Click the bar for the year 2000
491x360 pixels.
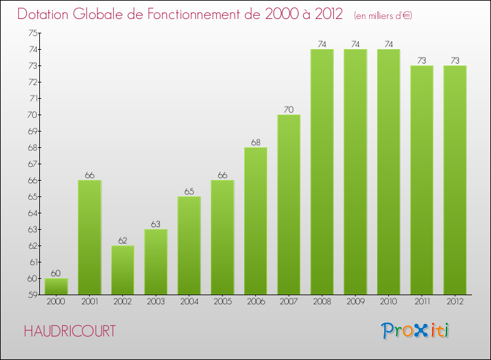[x=56, y=286]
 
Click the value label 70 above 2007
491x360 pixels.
[x=289, y=109]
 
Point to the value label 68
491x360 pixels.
[x=255, y=142]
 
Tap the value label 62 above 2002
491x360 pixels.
[x=123, y=240]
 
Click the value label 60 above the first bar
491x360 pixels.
[x=56, y=273]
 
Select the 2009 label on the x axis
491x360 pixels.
[x=355, y=302]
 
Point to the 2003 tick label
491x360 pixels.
[x=156, y=302]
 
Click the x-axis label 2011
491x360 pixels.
[x=422, y=302]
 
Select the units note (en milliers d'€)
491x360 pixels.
[x=382, y=15]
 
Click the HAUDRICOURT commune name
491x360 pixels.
[x=69, y=331]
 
